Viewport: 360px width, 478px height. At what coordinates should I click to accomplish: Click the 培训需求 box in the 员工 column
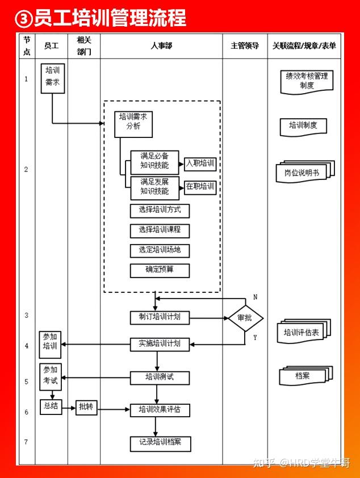pos(53,78)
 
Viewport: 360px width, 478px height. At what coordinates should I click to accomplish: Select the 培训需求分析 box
pos(133,124)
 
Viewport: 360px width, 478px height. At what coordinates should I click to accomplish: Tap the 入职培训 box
pos(200,164)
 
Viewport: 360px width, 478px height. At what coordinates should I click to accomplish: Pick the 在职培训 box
pos(200,187)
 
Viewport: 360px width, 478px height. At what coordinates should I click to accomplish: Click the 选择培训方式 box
pos(160,211)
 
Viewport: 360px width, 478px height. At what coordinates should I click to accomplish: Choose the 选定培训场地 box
pos(160,250)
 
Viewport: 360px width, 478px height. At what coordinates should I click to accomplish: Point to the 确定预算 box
pos(160,270)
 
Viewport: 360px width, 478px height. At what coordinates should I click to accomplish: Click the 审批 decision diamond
pos(245,318)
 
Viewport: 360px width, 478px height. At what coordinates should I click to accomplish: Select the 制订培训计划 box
pos(160,317)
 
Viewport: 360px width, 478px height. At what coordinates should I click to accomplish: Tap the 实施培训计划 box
pos(160,344)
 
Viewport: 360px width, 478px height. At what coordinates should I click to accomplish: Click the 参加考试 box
pos(51,377)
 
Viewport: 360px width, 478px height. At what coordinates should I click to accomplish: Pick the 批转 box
pos(86,407)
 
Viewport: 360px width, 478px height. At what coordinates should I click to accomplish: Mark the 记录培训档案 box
pos(160,444)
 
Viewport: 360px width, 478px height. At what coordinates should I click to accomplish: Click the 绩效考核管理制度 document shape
pos(307,82)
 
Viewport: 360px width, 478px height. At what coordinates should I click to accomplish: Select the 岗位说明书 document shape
pos(305,172)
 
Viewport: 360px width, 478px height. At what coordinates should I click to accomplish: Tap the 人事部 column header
pos(161,46)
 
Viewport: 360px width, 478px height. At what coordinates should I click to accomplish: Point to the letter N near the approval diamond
pos(255,297)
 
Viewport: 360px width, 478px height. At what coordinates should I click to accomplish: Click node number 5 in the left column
pos(26,381)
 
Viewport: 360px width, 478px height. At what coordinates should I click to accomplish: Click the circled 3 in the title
pos(23,19)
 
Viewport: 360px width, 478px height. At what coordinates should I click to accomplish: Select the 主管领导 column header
pos(245,46)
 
